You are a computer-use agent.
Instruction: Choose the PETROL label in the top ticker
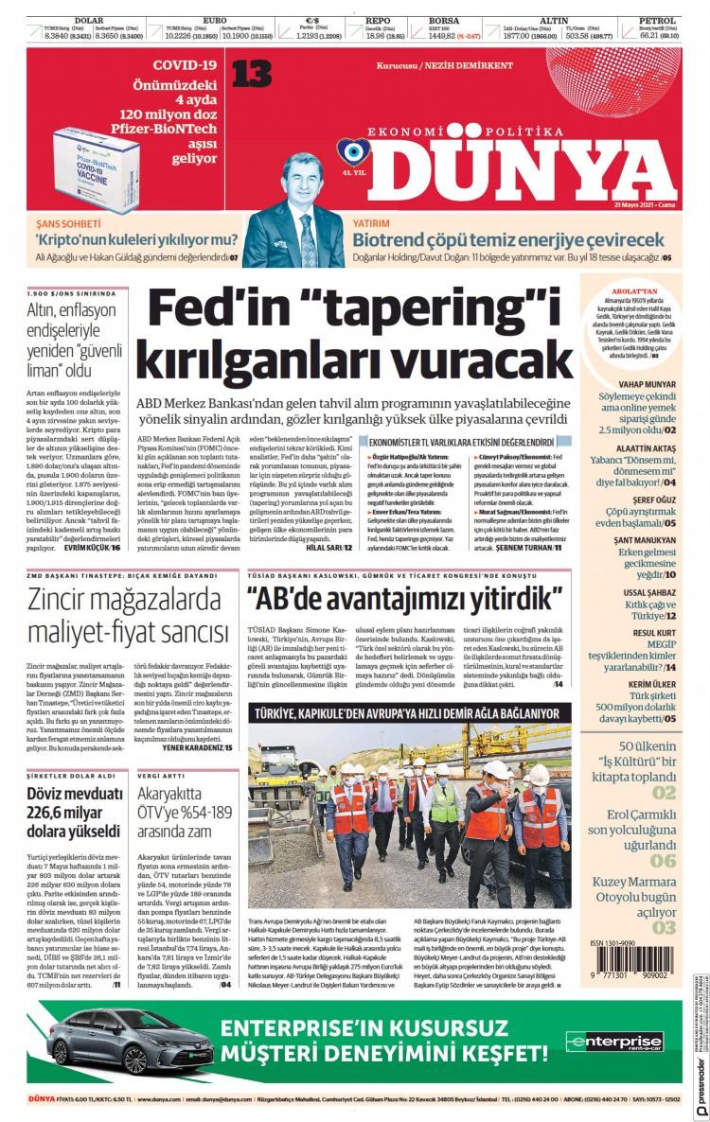coord(656,19)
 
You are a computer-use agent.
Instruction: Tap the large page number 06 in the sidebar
coord(663,860)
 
